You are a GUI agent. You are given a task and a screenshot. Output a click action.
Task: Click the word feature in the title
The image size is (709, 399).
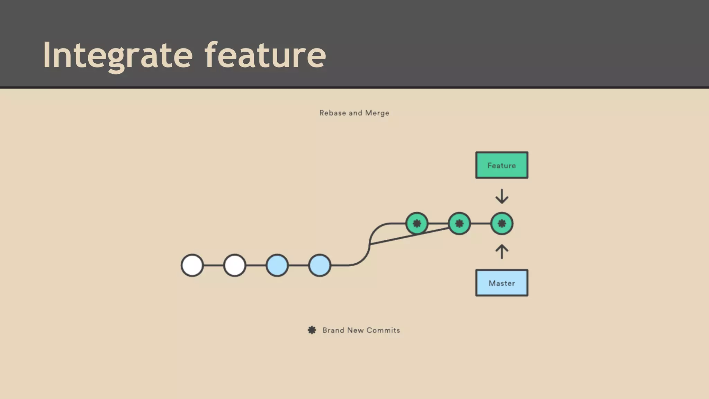pos(265,55)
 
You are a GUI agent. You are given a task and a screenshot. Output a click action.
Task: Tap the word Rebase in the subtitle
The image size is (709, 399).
pos(332,113)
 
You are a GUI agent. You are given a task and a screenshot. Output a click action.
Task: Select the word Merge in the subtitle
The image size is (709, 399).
pos(377,113)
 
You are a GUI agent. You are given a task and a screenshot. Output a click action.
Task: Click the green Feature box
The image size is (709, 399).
pos(502,165)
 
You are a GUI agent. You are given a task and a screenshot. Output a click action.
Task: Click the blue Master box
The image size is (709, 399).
pos(502,283)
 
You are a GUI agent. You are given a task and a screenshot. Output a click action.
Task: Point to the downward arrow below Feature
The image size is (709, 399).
pos(502,196)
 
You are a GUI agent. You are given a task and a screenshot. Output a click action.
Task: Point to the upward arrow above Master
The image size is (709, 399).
pos(502,252)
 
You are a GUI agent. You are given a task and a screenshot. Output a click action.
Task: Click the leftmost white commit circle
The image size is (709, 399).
pos(192,265)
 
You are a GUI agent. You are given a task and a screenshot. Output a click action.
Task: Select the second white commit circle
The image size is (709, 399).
pos(235,265)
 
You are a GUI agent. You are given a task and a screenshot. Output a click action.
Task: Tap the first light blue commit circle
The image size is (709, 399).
pos(277,265)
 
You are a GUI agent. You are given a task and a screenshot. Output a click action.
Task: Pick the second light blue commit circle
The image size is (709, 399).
pos(320,265)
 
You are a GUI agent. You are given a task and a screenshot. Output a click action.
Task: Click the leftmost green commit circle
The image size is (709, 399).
pos(417,223)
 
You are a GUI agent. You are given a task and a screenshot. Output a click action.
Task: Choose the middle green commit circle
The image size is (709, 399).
pos(459,223)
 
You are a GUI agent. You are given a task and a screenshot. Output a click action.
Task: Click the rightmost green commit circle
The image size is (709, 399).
pos(502,223)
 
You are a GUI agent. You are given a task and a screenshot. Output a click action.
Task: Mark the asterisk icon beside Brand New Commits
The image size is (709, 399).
pos(312,330)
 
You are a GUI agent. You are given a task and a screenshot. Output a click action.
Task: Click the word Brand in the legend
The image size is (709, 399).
pos(333,330)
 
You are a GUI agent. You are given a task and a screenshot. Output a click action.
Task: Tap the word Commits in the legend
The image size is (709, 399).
pos(383,330)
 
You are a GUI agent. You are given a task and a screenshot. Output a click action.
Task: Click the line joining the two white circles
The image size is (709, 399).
pos(214,265)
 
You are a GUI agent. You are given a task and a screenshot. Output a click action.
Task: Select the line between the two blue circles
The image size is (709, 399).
pos(298,265)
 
